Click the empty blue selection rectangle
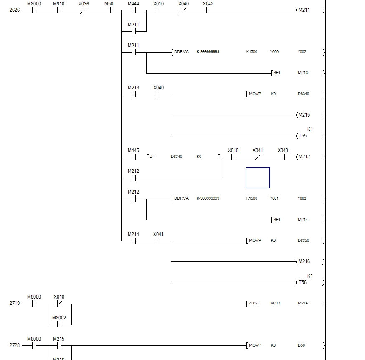tap(258, 178)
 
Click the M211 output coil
tap(304, 10)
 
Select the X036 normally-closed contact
tap(84, 10)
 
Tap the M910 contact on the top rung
tap(59, 10)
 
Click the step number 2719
tap(14, 304)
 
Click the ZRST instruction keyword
tap(253, 303)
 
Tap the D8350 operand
tap(303, 241)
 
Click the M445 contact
tap(133, 157)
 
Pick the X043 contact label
tap(283, 150)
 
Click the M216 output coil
tap(304, 261)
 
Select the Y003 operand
tap(302, 198)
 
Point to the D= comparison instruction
tap(152, 157)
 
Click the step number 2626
tap(14, 10)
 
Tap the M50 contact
tap(109, 10)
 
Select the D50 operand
tap(301, 345)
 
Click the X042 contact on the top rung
tap(208, 10)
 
